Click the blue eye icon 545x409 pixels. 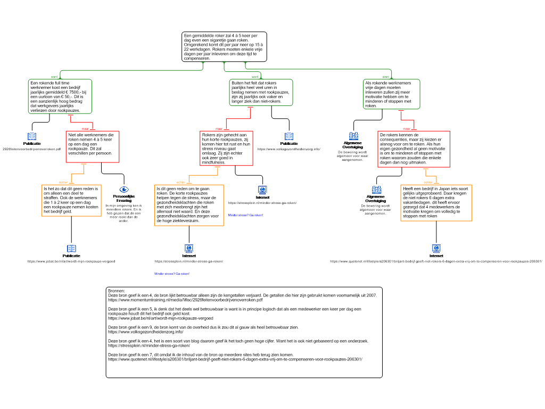click(x=124, y=189)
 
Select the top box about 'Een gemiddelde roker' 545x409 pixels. click(x=224, y=46)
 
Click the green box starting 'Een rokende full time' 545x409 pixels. click(x=60, y=96)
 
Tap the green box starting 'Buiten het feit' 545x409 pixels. click(x=261, y=92)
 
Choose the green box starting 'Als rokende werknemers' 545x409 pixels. click(x=392, y=94)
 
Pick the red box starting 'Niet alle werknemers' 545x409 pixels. click(x=92, y=146)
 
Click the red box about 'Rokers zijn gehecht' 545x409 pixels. click(x=226, y=148)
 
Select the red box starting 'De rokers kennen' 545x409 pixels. click(x=414, y=149)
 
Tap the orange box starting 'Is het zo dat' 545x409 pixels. click(x=71, y=200)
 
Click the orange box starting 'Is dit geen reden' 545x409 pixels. click(x=189, y=205)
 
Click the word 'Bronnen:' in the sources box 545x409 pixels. click(x=116, y=291)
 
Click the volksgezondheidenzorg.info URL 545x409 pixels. click(x=142, y=332)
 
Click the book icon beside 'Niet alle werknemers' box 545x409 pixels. click(x=32, y=136)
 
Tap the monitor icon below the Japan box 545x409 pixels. click(x=436, y=248)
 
